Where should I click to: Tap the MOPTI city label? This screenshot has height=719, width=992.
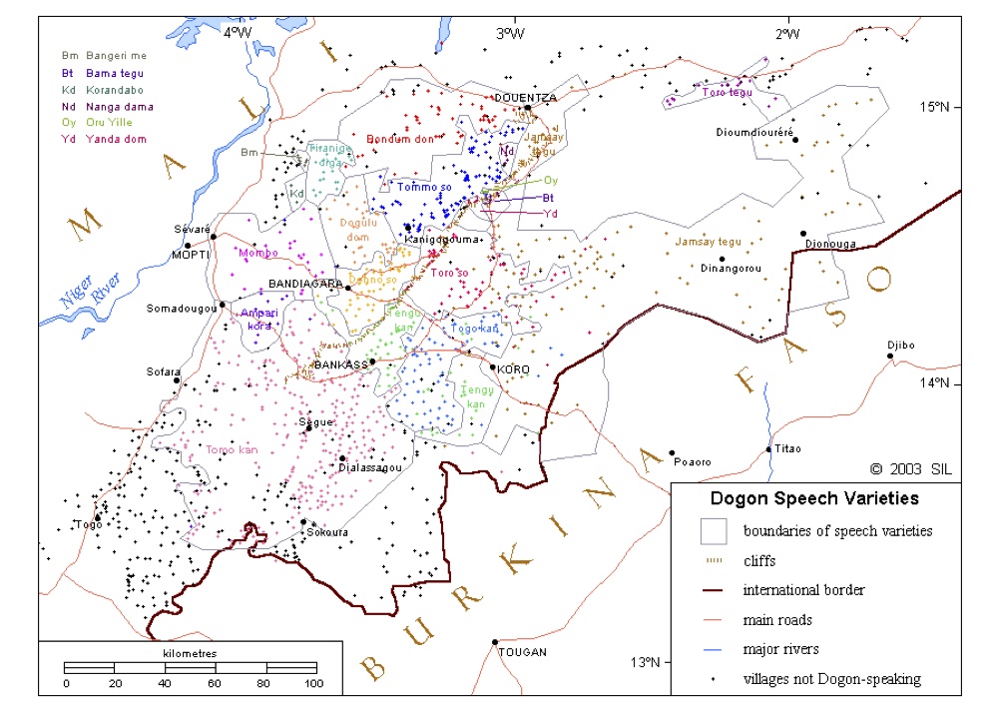pyautogui.click(x=190, y=254)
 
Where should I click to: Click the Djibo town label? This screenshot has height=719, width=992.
pyautogui.click(x=900, y=346)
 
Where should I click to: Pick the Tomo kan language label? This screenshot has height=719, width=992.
pyautogui.click(x=231, y=449)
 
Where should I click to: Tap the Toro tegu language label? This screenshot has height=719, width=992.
pyautogui.click(x=727, y=92)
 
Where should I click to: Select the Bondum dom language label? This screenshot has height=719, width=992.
pyautogui.click(x=400, y=139)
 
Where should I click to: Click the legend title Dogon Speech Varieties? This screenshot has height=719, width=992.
pyautogui.click(x=814, y=497)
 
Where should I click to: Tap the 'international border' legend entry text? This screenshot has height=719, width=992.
pyautogui.click(x=803, y=589)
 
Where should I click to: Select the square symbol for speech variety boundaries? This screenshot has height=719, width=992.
pyautogui.click(x=712, y=530)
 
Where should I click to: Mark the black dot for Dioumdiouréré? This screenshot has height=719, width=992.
pyautogui.click(x=795, y=139)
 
